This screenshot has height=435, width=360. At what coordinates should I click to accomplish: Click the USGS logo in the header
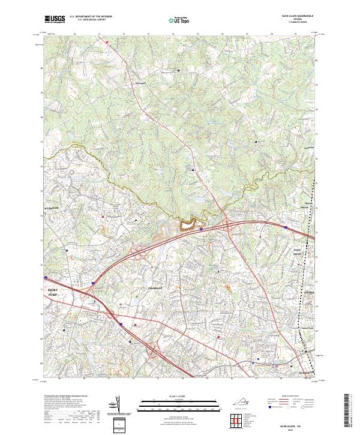click(55, 19)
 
